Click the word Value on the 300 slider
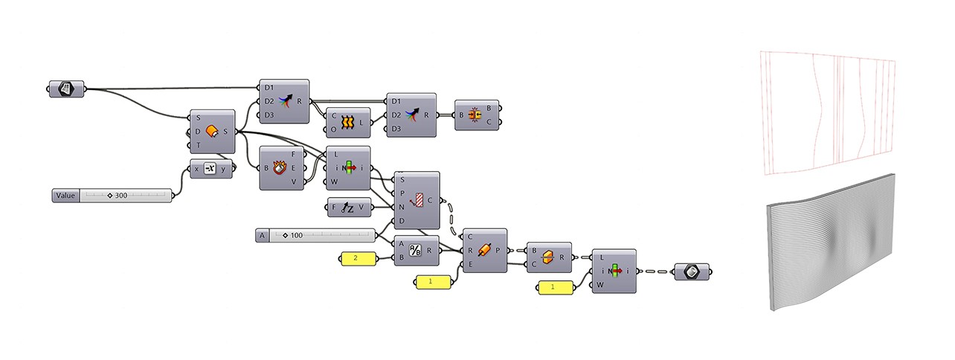pyautogui.click(x=65, y=196)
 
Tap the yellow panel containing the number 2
pyautogui.click(x=355, y=259)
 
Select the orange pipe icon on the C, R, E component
pyautogui.click(x=484, y=250)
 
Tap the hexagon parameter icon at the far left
pyautogui.click(x=66, y=89)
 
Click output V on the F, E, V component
pyautogui.click(x=295, y=181)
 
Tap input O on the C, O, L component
pyautogui.click(x=334, y=129)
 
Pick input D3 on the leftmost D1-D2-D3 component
pyautogui.click(x=269, y=115)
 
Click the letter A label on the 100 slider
pyautogui.click(x=262, y=236)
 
